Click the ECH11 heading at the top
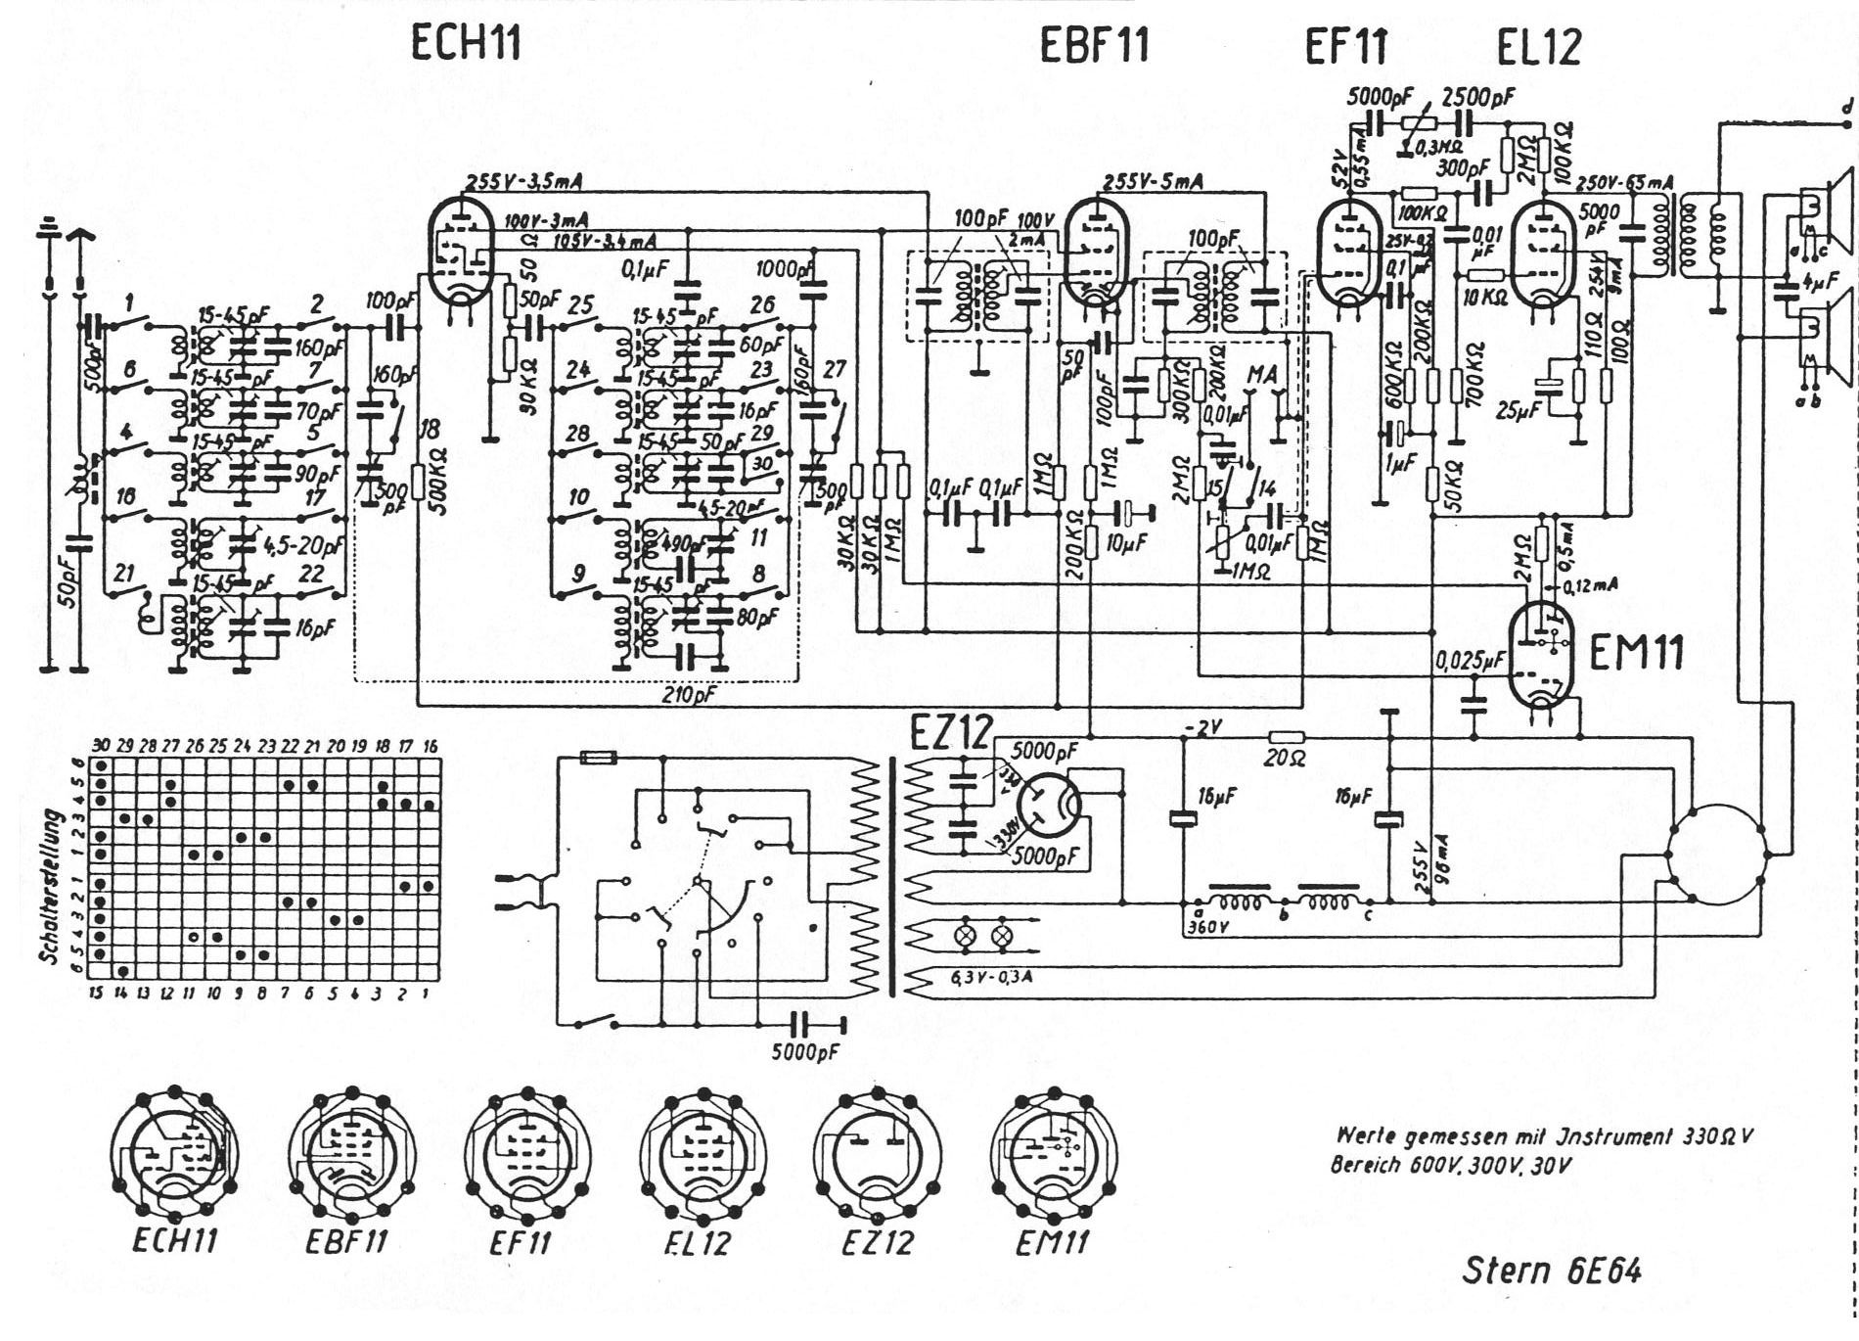click(x=466, y=43)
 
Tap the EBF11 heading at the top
click(x=1094, y=45)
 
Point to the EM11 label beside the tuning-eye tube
click(x=1636, y=652)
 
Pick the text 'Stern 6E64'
click(x=1552, y=1271)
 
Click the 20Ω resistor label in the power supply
click(x=1284, y=758)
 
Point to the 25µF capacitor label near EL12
click(x=1517, y=410)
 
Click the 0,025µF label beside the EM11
click(x=1470, y=663)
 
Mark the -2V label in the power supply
click(x=1202, y=727)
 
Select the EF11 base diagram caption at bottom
click(x=520, y=1243)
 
